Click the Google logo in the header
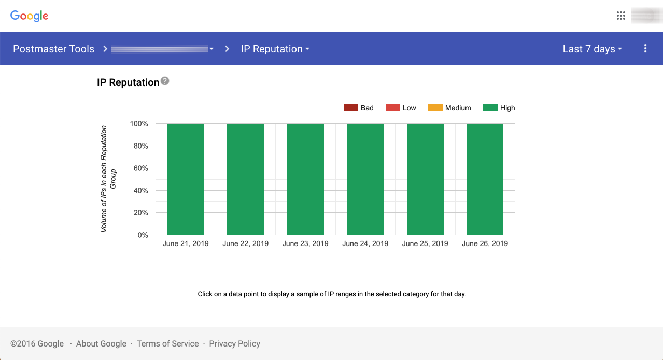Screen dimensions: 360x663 point(30,16)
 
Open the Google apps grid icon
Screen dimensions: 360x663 point(620,16)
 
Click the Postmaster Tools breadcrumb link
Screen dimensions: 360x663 point(53,49)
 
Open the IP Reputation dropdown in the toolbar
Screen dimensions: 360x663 point(275,49)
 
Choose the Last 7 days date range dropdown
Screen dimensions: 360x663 point(592,49)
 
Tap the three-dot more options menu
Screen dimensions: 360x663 point(645,49)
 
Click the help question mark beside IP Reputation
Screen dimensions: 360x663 point(165,81)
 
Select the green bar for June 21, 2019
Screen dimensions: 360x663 point(186,179)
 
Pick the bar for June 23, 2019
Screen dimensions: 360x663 point(305,179)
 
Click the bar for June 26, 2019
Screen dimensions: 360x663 point(485,179)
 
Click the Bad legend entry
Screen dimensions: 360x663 point(359,108)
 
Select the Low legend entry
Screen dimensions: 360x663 point(401,108)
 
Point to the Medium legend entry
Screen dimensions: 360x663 point(449,108)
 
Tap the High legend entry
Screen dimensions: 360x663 point(499,108)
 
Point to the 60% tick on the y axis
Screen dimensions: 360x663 point(139,168)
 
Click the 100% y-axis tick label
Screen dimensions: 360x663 point(138,124)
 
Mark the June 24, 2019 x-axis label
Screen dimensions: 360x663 point(365,243)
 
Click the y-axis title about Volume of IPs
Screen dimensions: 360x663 point(108,179)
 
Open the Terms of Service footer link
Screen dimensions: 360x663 point(167,343)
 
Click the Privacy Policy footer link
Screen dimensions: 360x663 point(234,343)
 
